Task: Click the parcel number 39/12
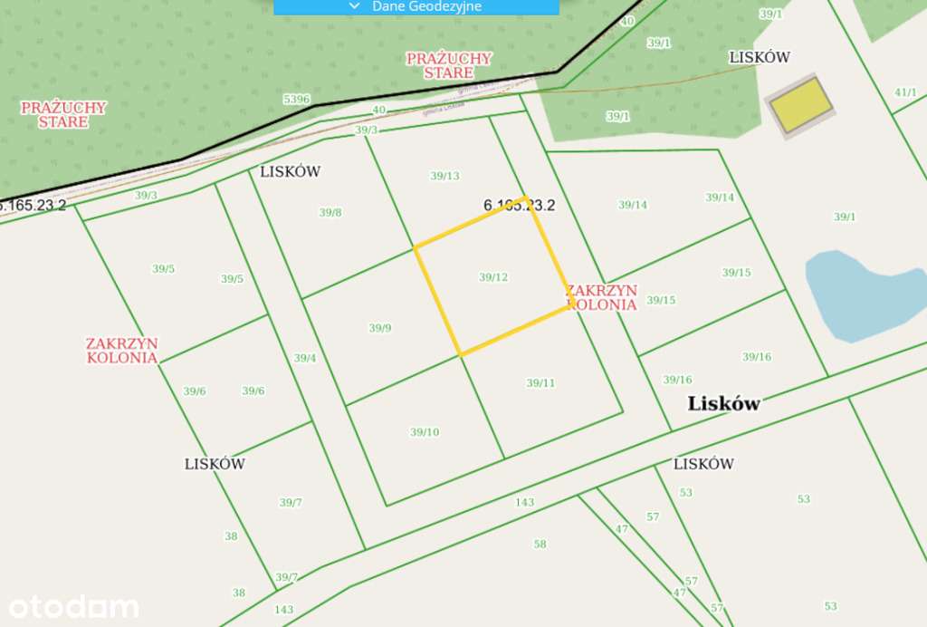493,277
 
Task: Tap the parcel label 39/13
444,176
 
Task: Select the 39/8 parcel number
330,213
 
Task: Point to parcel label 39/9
380,328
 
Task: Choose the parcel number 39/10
425,432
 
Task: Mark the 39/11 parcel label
540,383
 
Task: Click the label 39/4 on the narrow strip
305,358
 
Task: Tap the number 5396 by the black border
296,99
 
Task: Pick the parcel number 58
540,544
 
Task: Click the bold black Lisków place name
723,404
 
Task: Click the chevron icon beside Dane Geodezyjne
354,5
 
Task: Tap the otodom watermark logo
74,606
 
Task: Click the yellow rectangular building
801,104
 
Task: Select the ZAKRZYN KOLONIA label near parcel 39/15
602,298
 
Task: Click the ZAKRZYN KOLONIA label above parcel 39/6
122,350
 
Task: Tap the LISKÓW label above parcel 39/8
291,171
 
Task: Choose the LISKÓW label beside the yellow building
760,57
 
